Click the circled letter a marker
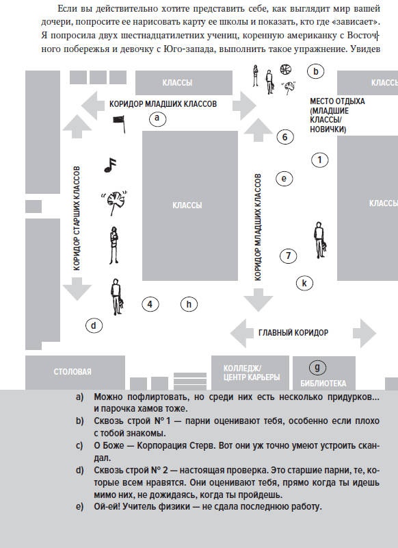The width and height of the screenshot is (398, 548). point(157,119)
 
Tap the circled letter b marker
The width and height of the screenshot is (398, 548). point(316,71)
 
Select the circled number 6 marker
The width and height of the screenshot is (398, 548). point(285,136)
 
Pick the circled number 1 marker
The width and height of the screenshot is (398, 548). point(319,160)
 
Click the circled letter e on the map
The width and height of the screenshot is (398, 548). point(284,179)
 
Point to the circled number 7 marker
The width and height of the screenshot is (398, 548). point(288,256)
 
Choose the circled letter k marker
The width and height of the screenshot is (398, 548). point(304,283)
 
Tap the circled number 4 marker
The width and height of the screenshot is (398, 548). point(150,303)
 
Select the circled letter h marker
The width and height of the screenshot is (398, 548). point(189,303)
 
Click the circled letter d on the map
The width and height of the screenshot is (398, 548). point(94,326)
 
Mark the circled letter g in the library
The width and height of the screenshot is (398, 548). point(317,367)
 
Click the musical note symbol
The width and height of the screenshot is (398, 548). point(110,165)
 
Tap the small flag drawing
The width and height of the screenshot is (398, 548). point(119,124)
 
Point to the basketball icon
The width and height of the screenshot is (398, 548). point(285,69)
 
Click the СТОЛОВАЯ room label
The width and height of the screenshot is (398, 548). point(72,371)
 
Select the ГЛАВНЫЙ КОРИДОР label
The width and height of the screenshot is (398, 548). point(293,332)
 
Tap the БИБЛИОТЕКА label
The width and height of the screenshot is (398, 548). point(323,384)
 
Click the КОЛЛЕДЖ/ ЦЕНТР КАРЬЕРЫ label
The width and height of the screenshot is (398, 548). point(252,373)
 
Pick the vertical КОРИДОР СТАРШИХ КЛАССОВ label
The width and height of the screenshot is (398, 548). point(77,218)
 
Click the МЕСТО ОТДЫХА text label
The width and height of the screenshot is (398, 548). point(337,101)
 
